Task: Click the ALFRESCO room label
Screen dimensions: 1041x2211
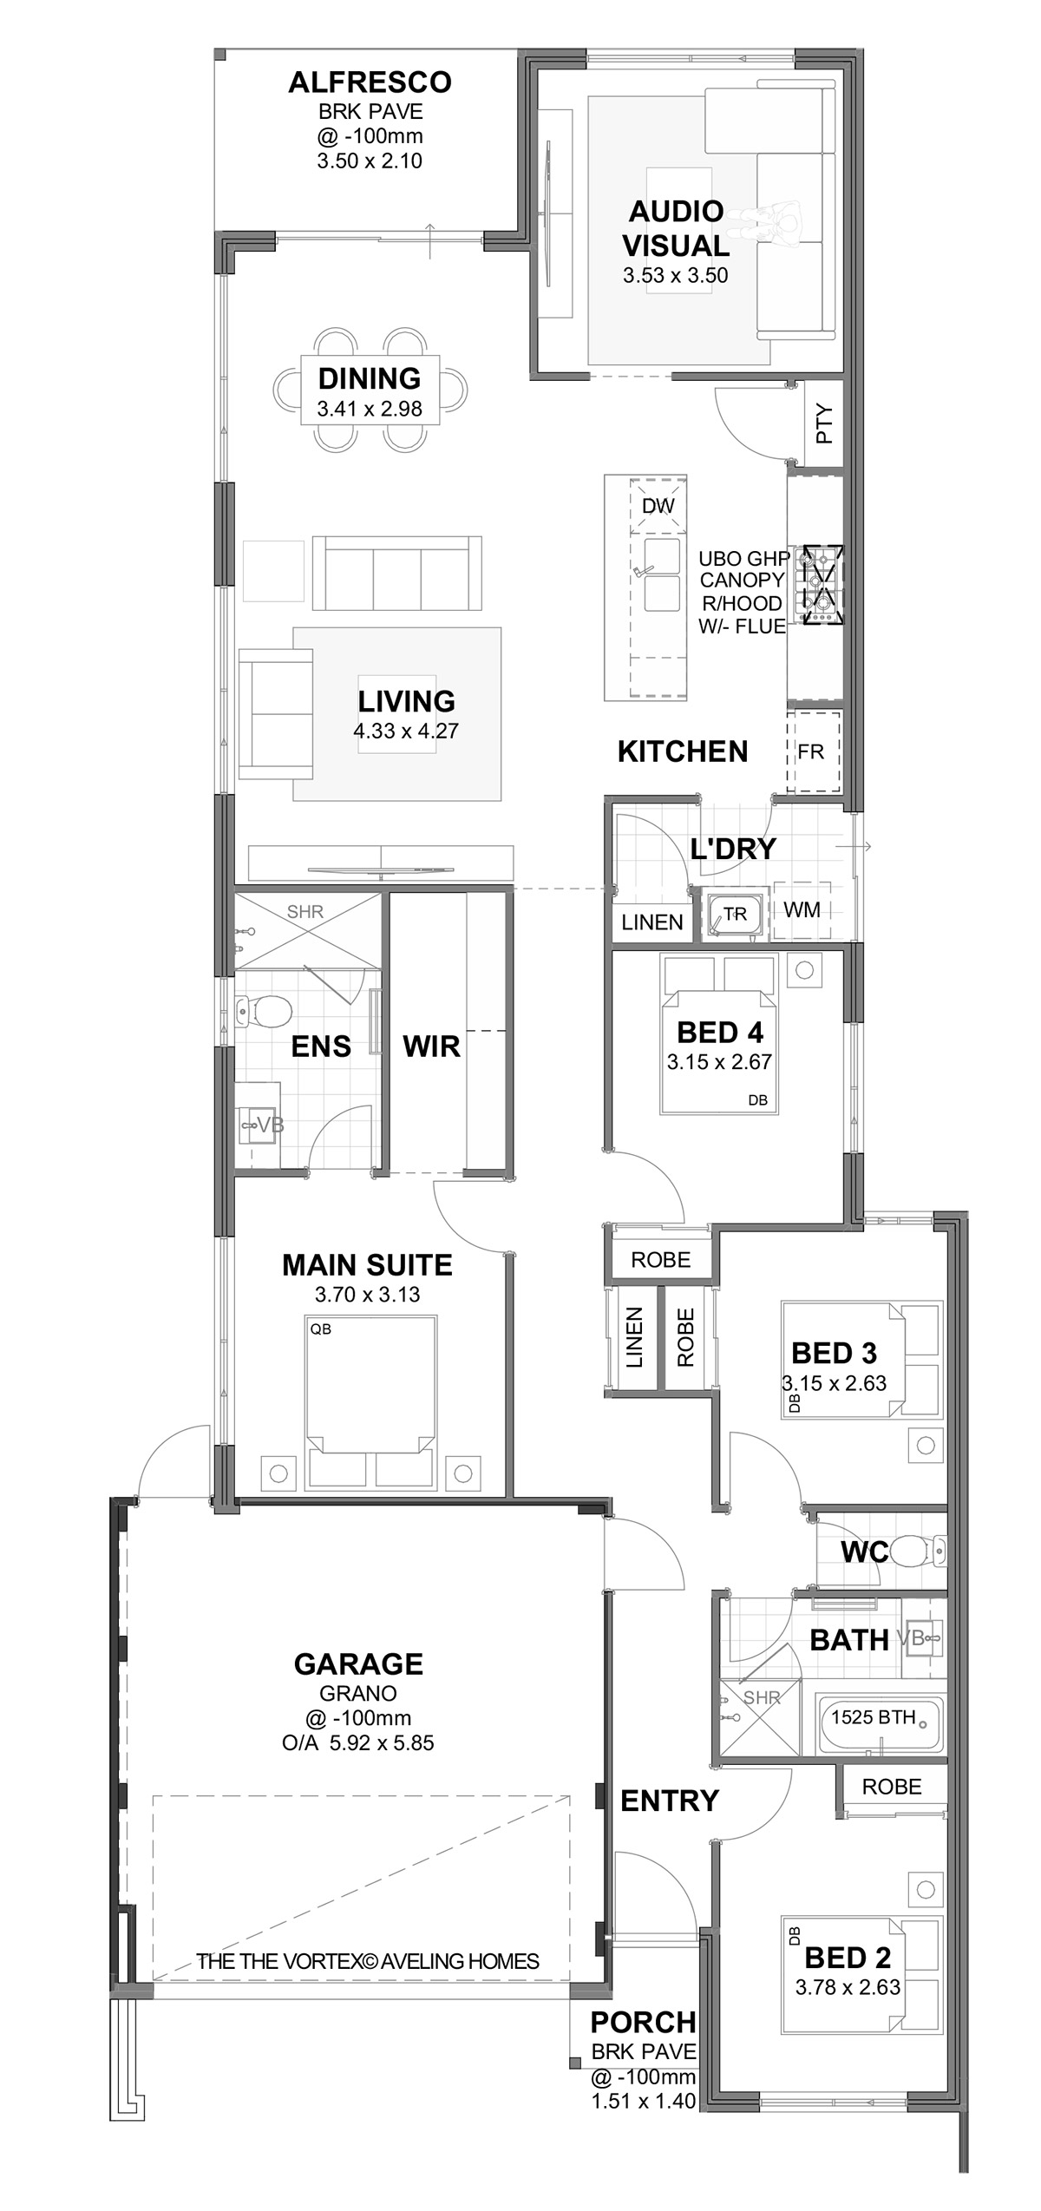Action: pyautogui.click(x=370, y=82)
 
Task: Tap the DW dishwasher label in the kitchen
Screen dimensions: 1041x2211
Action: pyautogui.click(x=658, y=506)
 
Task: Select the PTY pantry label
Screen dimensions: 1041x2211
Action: pyautogui.click(x=824, y=424)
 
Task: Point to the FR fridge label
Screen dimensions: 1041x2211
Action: pyautogui.click(x=810, y=751)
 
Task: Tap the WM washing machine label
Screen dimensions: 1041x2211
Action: pyautogui.click(x=802, y=909)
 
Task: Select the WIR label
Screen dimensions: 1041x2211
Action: pyautogui.click(x=431, y=1046)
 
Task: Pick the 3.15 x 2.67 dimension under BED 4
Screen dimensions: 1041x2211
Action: pyautogui.click(x=719, y=1061)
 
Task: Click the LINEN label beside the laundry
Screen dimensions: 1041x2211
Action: pyautogui.click(x=652, y=922)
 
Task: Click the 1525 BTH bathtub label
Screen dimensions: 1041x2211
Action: pyautogui.click(x=874, y=1717)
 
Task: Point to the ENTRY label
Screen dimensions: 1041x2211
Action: pyautogui.click(x=670, y=1801)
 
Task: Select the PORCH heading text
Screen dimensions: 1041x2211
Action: pyautogui.click(x=643, y=2023)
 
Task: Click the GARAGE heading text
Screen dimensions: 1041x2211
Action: pyautogui.click(x=358, y=1664)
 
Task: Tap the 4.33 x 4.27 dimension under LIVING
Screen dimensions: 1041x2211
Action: pyautogui.click(x=406, y=731)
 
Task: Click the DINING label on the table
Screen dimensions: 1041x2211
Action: pyautogui.click(x=370, y=378)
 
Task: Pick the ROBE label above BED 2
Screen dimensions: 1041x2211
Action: pyautogui.click(x=892, y=1787)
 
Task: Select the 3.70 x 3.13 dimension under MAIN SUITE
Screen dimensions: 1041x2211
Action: pyautogui.click(x=367, y=1295)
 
